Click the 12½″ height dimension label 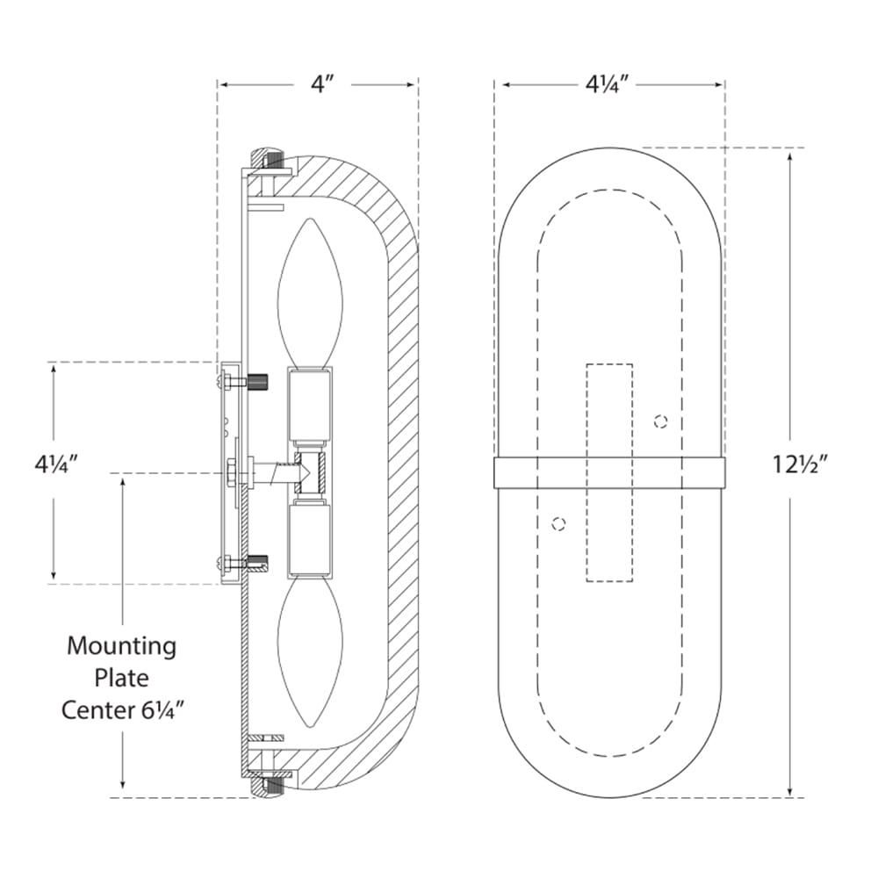pos(800,464)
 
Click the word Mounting pos(121,646)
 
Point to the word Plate pos(121,678)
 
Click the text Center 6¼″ pos(123,710)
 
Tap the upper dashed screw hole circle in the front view pos(661,421)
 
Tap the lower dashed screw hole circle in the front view pos(558,524)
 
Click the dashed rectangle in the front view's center pos(610,472)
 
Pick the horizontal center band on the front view pos(610,473)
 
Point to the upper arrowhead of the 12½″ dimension pos(790,157)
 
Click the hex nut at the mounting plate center pos(231,473)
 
